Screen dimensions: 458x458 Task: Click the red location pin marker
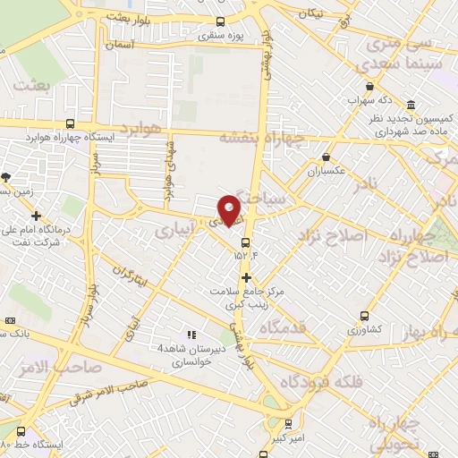(230, 210)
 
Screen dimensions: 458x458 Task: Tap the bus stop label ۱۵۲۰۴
(246, 256)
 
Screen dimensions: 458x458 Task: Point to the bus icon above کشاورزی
(363, 316)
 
